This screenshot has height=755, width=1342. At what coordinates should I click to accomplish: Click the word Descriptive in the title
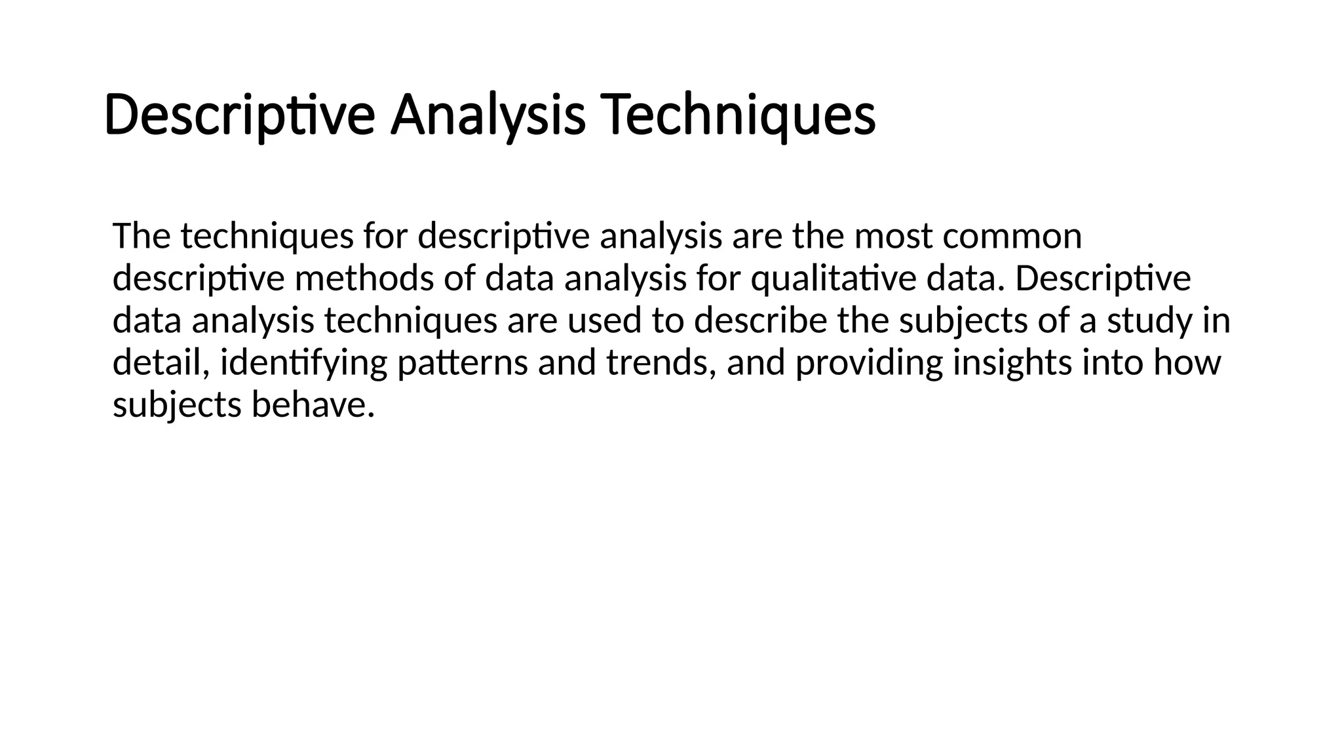(x=239, y=116)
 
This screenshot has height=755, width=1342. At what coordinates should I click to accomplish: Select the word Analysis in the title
(x=488, y=116)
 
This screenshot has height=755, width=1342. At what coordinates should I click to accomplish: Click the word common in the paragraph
(x=1012, y=236)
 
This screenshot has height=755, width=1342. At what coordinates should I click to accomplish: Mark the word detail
(x=161, y=363)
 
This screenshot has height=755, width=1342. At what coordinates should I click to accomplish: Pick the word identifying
(x=304, y=363)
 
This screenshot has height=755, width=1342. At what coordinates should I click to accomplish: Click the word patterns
(x=463, y=363)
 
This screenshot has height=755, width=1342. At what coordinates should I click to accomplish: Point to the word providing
(x=869, y=363)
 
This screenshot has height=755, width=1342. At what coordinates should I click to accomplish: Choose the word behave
(x=313, y=405)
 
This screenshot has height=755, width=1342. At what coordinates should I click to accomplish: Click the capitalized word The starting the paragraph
(x=141, y=236)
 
